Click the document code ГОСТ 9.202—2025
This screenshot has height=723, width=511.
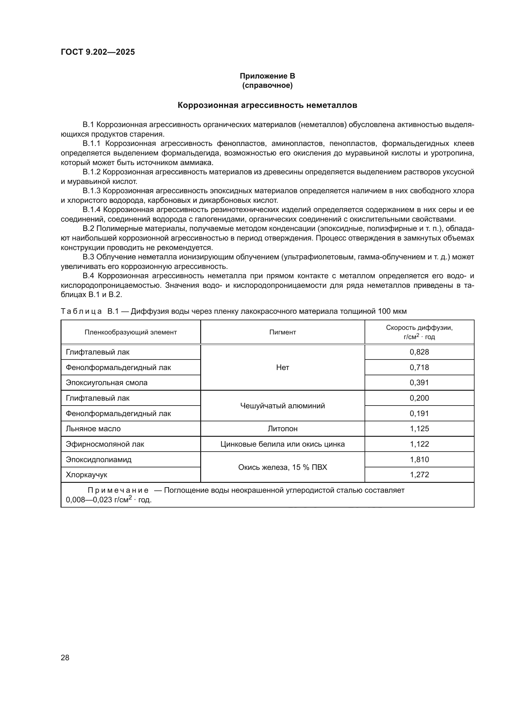click(98, 52)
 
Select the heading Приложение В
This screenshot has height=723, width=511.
click(267, 76)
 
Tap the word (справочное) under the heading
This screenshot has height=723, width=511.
click(267, 85)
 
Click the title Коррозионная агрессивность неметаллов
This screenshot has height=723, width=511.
click(267, 105)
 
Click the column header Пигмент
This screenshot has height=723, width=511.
click(282, 332)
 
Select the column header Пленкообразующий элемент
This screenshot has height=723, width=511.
click(131, 332)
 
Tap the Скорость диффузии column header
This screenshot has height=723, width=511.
click(419, 332)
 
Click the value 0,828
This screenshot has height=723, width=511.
click(419, 352)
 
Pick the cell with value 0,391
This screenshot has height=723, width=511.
click(419, 383)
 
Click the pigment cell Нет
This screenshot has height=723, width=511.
click(282, 368)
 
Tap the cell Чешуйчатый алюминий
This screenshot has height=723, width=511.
click(282, 406)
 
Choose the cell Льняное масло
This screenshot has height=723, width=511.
click(93, 428)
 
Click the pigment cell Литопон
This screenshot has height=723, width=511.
click(282, 428)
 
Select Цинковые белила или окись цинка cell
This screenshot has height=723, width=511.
click(282, 444)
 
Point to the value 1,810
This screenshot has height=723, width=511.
click(419, 459)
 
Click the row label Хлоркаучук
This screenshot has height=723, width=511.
click(87, 474)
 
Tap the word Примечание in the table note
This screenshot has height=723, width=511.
click(118, 490)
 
